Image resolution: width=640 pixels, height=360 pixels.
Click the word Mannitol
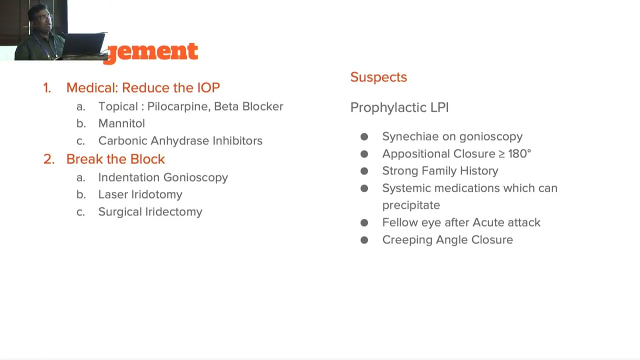tap(121, 123)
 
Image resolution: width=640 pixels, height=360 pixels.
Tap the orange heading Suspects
tap(378, 77)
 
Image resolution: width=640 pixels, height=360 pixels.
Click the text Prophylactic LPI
tap(399, 107)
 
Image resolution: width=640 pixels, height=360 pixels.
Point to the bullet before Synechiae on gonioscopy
tap(364, 137)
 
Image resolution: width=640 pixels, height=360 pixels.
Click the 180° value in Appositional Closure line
tap(519, 153)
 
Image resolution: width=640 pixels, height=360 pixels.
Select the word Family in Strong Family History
tap(439, 171)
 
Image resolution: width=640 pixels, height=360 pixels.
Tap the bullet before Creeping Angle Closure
tap(364, 240)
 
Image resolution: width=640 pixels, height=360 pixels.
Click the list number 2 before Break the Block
tap(48, 159)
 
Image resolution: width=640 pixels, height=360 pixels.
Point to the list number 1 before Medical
tap(47, 88)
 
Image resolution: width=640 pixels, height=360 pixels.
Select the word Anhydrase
tap(179, 141)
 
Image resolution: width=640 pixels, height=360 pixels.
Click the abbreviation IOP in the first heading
tap(208, 88)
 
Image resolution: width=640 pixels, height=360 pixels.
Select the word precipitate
tap(411, 205)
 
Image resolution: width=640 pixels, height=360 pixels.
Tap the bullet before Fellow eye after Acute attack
tap(364, 222)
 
